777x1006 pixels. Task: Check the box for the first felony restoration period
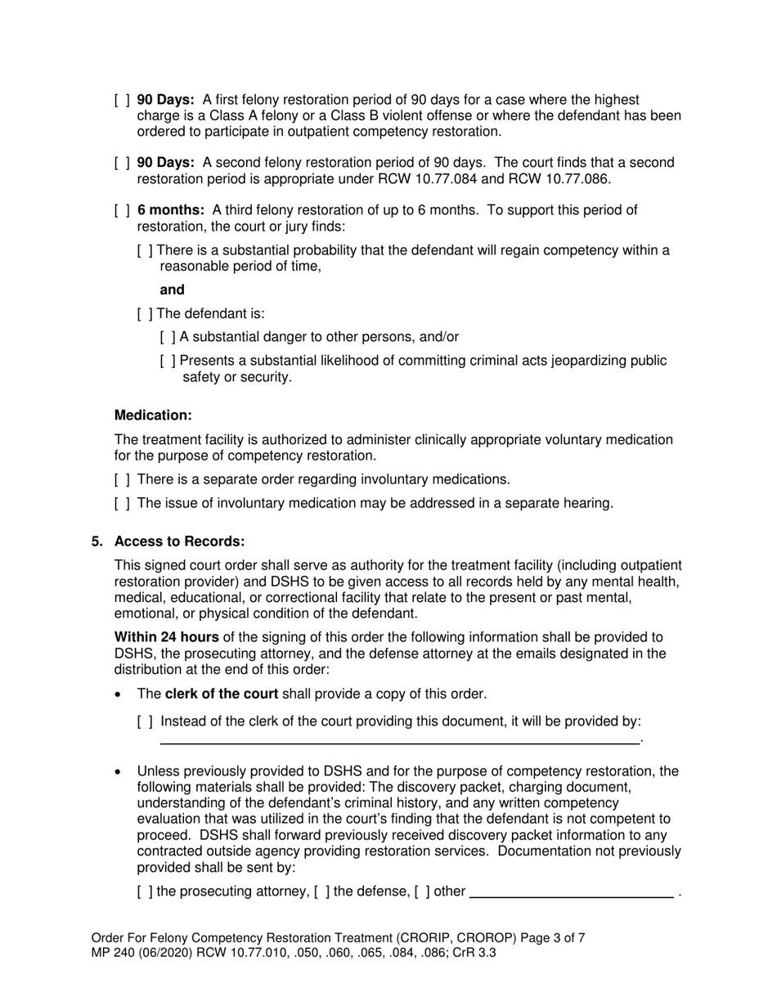point(122,100)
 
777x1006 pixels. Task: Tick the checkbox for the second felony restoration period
point(122,163)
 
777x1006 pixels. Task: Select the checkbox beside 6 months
point(122,210)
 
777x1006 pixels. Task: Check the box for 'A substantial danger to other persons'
point(168,337)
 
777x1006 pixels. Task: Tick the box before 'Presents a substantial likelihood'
point(168,361)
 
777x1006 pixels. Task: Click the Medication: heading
point(153,415)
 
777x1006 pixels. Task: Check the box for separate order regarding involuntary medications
point(122,479)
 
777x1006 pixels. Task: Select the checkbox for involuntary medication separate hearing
point(122,503)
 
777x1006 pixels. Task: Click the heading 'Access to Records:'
point(179,542)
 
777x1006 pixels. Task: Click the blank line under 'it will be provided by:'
point(398,743)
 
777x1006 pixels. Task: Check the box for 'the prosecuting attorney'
point(145,891)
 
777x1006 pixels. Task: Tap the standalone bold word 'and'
point(172,290)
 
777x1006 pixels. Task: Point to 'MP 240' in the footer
point(115,953)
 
